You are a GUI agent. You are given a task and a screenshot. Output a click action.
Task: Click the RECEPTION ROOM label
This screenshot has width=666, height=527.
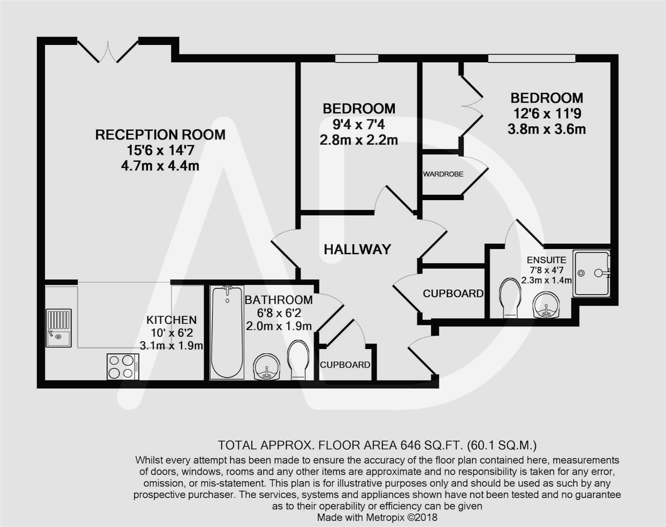tap(160, 135)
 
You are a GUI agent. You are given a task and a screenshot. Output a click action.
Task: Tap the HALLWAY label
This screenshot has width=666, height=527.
tap(357, 249)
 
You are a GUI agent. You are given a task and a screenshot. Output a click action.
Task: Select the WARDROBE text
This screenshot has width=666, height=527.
tap(443, 174)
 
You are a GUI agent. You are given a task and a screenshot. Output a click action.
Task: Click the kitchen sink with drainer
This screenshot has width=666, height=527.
tap(59, 328)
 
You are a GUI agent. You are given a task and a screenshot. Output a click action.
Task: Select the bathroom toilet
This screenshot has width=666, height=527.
tap(298, 359)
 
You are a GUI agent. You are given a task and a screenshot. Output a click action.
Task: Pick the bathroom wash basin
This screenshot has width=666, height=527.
tap(266, 366)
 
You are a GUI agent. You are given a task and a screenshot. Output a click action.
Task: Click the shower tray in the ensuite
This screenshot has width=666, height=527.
tap(591, 273)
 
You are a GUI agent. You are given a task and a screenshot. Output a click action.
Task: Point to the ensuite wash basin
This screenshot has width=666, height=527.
tap(546, 305)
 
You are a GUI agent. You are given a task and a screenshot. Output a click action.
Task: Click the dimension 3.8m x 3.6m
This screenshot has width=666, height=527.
tap(546, 129)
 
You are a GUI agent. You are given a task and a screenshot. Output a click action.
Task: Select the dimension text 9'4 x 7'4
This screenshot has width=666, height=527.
tap(359, 125)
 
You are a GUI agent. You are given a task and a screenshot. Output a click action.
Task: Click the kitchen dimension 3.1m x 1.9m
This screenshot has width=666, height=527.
tap(171, 345)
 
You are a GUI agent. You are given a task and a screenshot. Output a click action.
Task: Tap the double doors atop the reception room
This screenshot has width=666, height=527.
tap(108, 51)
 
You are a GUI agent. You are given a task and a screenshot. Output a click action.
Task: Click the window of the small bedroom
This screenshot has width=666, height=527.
tap(357, 59)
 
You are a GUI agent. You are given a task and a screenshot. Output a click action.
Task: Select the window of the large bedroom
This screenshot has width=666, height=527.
tap(531, 59)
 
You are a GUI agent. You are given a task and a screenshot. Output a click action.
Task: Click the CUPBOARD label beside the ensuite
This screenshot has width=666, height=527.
tap(453, 293)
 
